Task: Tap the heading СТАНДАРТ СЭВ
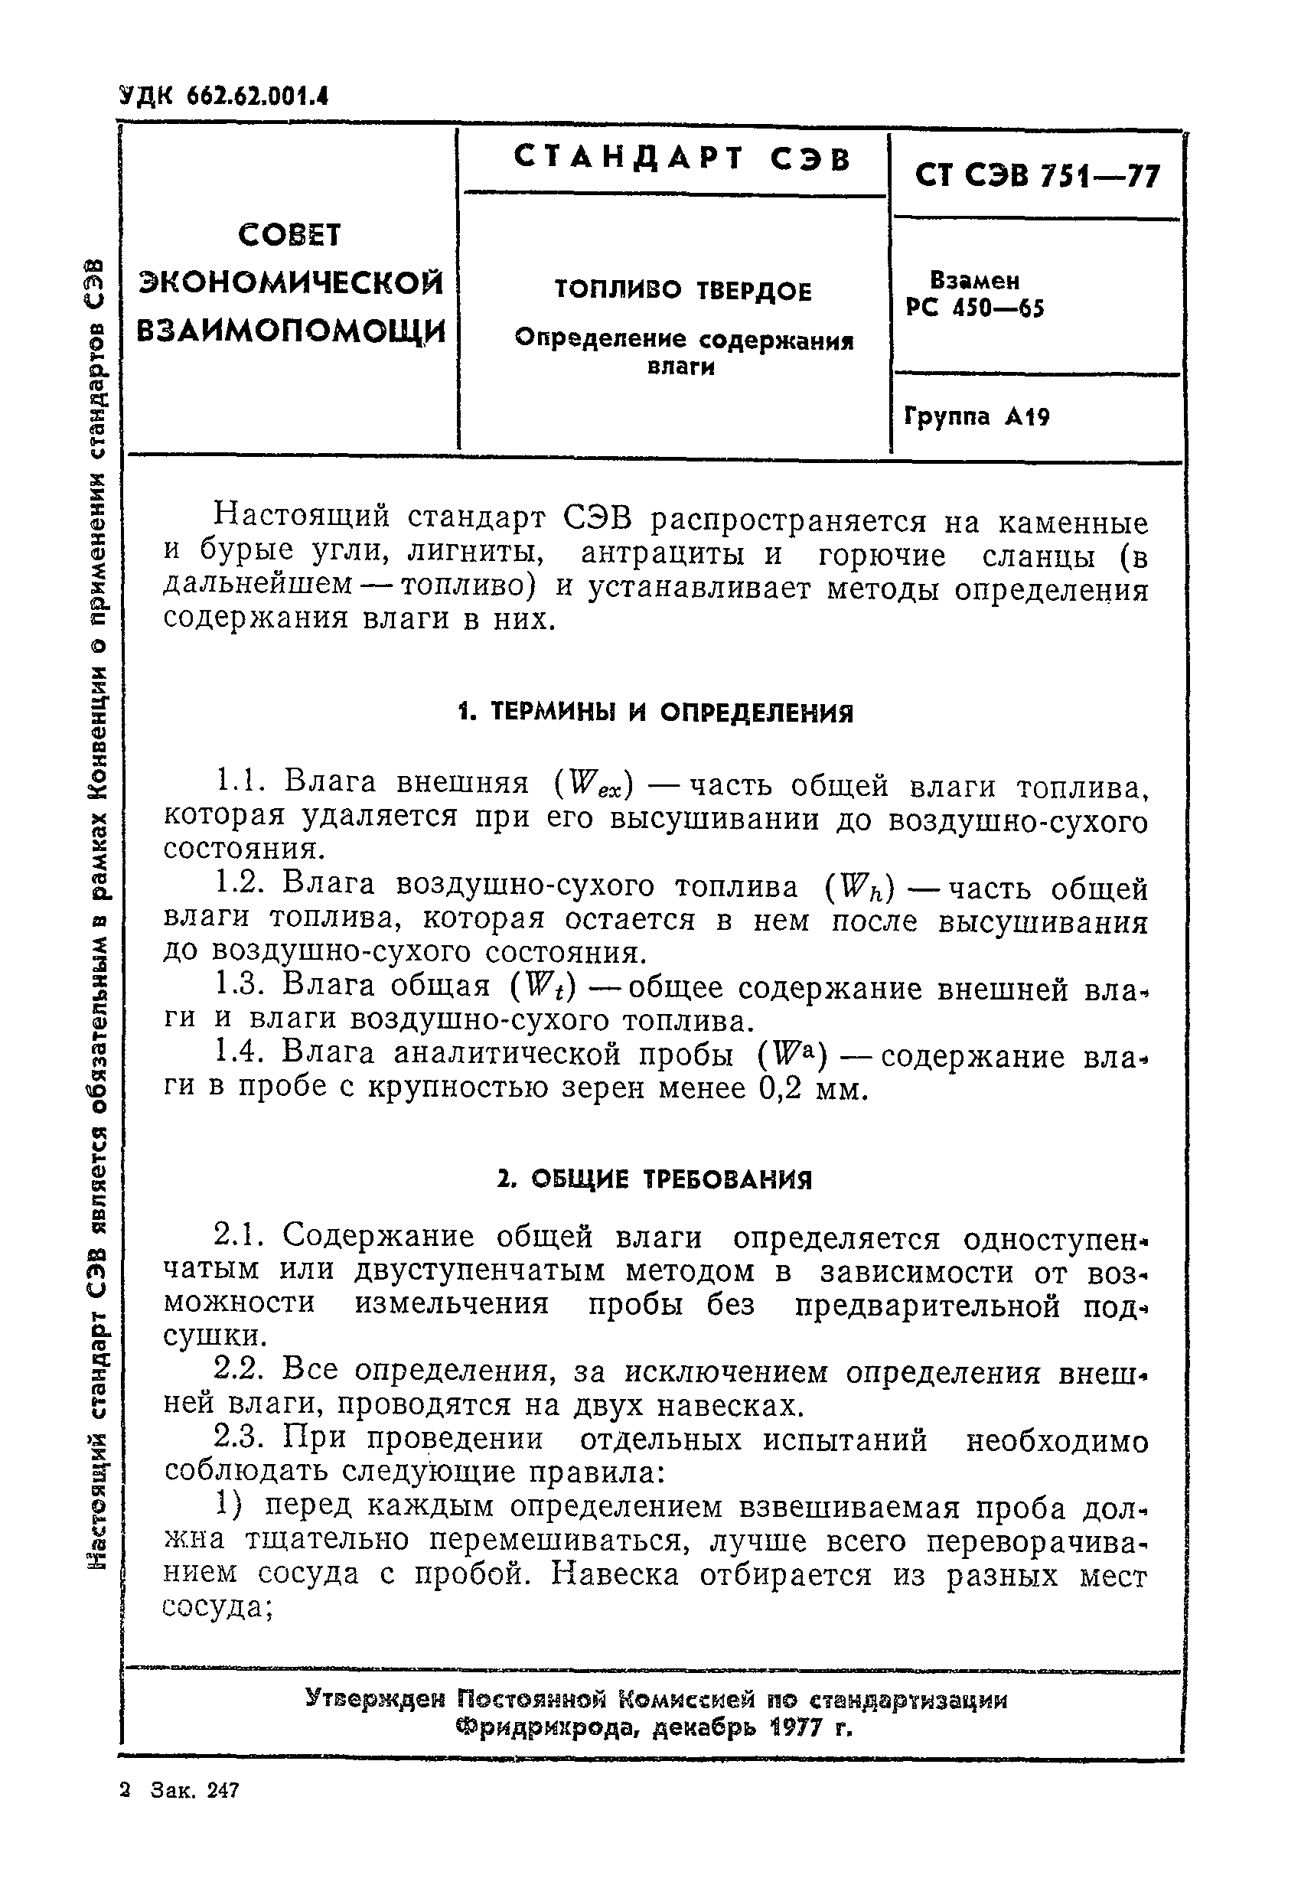[x=682, y=158]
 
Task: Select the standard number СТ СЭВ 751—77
[x=1036, y=174]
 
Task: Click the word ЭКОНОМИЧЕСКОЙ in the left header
[x=291, y=282]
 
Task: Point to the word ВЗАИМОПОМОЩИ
[x=291, y=332]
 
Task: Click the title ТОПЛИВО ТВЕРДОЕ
[x=683, y=291]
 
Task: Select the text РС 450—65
[x=975, y=308]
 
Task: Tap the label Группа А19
[x=977, y=417]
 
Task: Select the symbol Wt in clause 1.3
[x=544, y=988]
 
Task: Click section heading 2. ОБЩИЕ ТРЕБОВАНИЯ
[x=655, y=1180]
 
